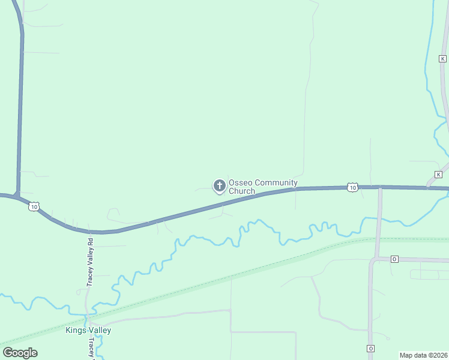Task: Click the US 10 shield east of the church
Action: pyautogui.click(x=352, y=188)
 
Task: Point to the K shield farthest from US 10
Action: pyautogui.click(x=442, y=58)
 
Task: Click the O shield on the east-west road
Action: pyautogui.click(x=394, y=259)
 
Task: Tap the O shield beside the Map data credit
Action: pyautogui.click(x=370, y=349)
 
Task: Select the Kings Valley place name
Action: pyautogui.click(x=88, y=330)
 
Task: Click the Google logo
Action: pyautogui.click(x=20, y=353)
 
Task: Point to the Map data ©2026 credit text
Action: pyautogui.click(x=423, y=355)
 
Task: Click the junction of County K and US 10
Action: pyautogui.click(x=428, y=188)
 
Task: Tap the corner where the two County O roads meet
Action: pyautogui.click(x=373, y=259)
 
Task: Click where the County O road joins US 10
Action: pyautogui.click(x=380, y=188)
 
